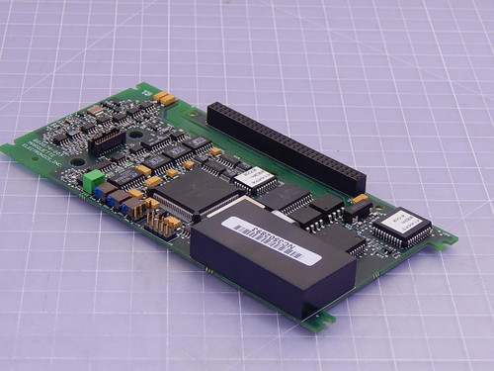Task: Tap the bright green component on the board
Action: [92, 180]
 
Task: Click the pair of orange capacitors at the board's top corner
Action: [164, 97]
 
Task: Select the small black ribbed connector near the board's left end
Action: [101, 142]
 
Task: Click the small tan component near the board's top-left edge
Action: [94, 108]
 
